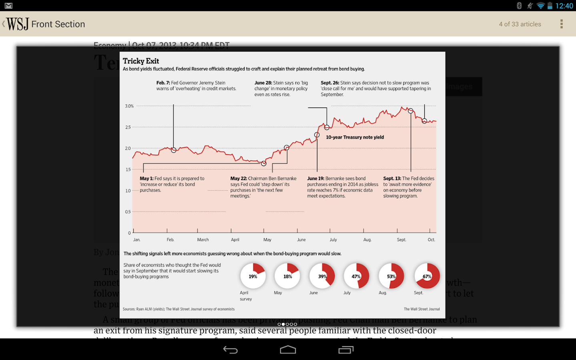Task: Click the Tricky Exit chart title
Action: [x=141, y=61]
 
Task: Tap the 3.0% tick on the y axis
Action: [x=129, y=106]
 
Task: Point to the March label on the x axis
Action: [x=203, y=240]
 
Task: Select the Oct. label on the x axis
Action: [x=431, y=240]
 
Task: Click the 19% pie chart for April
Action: [x=253, y=276]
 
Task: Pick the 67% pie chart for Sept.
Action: [x=427, y=276]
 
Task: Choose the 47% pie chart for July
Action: [x=357, y=276]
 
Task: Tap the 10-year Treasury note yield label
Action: [x=355, y=137]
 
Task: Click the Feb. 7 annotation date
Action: [x=163, y=83]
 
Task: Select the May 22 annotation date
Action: [x=238, y=178]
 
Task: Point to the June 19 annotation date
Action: [x=316, y=178]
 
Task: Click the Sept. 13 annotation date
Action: [x=392, y=178]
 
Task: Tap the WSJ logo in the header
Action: [x=18, y=24]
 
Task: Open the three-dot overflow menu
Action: [x=562, y=24]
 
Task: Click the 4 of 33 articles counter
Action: [x=520, y=24]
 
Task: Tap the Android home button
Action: [x=288, y=350]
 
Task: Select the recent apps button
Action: [x=346, y=350]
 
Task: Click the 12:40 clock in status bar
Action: [x=564, y=6]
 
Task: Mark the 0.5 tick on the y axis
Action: [x=128, y=212]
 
